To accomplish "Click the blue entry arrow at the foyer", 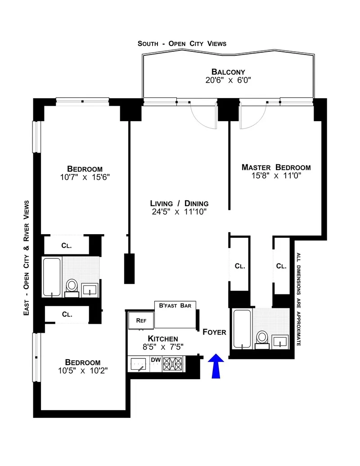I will [x=216, y=366].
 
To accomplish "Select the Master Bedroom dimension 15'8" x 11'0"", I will [x=276, y=176].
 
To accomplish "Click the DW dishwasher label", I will [x=156, y=359].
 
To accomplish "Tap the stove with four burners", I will [x=174, y=362].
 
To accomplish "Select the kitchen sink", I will [x=140, y=364].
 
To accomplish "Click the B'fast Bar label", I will [x=175, y=305].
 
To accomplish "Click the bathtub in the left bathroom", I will [x=52, y=277].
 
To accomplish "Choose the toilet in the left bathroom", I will [x=72, y=287].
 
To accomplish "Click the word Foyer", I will [x=214, y=332].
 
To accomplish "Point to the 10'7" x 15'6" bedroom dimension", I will [x=85, y=177].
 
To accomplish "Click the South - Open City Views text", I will [x=182, y=44].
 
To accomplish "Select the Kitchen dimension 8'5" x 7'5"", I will [x=163, y=347].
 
